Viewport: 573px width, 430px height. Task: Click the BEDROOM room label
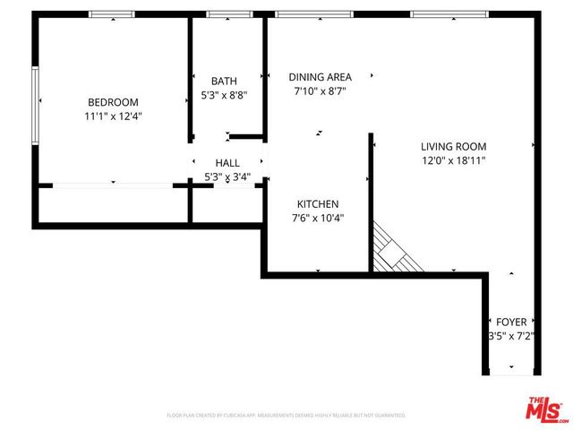tap(113, 101)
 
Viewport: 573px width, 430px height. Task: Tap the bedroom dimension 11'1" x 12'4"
tap(113, 116)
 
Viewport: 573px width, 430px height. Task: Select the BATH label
tap(223, 81)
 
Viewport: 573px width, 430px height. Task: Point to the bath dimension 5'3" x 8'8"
tap(223, 95)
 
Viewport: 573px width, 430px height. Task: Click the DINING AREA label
tap(320, 77)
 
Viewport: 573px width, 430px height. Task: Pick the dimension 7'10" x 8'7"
tap(320, 91)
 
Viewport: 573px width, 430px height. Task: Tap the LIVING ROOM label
tap(453, 146)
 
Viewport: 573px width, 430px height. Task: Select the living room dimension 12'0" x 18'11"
tap(453, 160)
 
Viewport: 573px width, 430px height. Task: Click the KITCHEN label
tap(318, 203)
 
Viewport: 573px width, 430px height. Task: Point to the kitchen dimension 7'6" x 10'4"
tap(318, 218)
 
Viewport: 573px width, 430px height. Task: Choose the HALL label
tap(227, 163)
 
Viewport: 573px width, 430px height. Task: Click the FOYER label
tap(512, 322)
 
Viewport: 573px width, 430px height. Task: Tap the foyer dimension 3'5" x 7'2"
tap(512, 336)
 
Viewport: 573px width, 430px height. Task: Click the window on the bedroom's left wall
tap(35, 106)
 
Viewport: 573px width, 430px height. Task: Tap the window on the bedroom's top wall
tap(112, 14)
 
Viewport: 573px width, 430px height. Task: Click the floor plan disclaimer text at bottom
tap(286, 416)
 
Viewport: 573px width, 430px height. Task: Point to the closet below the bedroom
tap(113, 203)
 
